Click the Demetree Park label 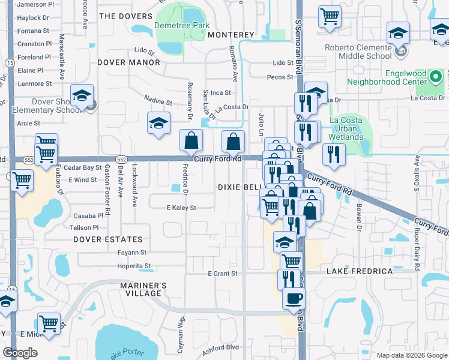pos(182,25)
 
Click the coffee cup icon pos(294,298)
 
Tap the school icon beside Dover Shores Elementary pos(82,95)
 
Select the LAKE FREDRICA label pos(360,271)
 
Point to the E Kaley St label pos(181,208)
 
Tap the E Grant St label pos(223,274)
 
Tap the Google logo pos(20,353)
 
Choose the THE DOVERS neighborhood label pos(125,16)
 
